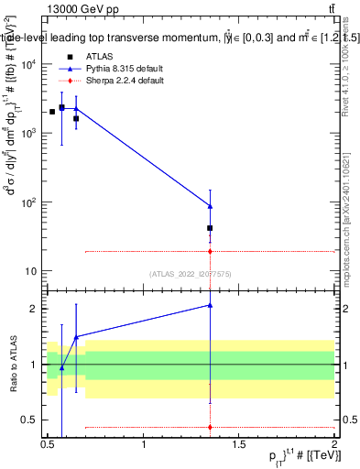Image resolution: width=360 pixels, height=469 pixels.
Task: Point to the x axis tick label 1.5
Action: coord(239,445)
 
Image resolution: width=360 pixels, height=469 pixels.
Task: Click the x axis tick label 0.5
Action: coord(48,445)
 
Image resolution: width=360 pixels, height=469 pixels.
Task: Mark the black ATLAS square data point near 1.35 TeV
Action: coord(211,228)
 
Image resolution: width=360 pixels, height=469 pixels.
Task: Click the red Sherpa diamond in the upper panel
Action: coord(211,251)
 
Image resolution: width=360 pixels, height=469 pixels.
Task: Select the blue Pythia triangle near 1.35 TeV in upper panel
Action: coord(211,206)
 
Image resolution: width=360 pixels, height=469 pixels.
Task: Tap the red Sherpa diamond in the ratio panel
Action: coord(211,427)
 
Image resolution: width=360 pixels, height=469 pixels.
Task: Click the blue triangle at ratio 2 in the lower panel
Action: coord(211,305)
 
